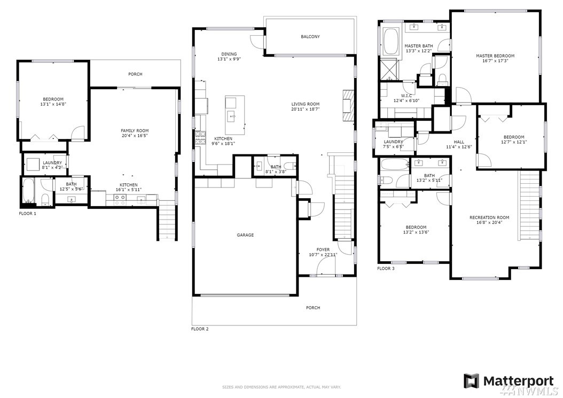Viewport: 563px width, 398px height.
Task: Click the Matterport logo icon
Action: click(471, 381)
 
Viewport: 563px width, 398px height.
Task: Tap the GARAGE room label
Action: click(245, 235)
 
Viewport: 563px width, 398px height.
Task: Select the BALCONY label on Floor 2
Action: click(310, 37)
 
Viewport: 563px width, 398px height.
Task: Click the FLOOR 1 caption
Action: click(28, 213)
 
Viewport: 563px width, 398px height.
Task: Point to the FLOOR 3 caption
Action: click(386, 268)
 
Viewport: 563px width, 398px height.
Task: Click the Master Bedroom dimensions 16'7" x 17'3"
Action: click(495, 61)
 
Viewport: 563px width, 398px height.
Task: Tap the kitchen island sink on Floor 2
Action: click(231, 115)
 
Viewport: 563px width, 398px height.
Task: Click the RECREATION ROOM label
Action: click(489, 217)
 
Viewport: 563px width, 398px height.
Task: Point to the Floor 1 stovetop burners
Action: click(120, 197)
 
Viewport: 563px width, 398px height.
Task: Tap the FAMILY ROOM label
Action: click(135, 131)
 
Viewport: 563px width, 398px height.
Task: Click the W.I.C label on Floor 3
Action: click(406, 96)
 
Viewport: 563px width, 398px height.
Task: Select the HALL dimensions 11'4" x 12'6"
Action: click(459, 147)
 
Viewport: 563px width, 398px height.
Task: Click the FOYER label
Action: click(323, 249)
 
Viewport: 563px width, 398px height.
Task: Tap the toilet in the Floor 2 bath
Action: click(290, 166)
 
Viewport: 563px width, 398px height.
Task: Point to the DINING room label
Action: click(229, 54)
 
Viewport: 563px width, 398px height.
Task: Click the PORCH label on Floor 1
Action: click(135, 74)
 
